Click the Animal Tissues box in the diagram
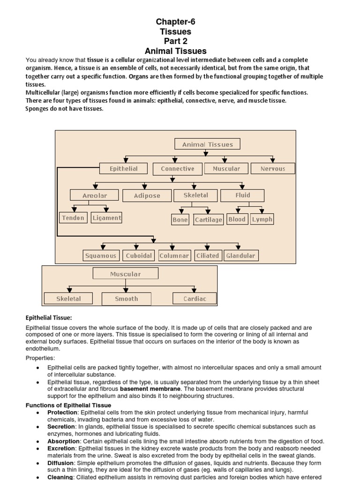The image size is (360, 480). point(207,144)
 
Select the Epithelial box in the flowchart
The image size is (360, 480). point(124,169)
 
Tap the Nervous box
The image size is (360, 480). point(273,169)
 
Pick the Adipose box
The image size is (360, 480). point(147,195)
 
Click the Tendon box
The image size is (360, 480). point(73,218)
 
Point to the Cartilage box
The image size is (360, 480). point(209,219)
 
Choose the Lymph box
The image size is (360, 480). point(262,219)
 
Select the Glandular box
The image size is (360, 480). point(241,255)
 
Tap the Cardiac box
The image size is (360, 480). point(195,299)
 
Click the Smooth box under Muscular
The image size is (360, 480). point(127,299)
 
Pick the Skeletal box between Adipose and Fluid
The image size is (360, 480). point(196,195)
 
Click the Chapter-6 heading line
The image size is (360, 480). point(175,22)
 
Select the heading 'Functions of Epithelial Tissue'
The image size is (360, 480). point(68,405)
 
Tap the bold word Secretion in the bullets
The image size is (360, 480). point(61,427)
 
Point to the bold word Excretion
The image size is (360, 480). point(61,449)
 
